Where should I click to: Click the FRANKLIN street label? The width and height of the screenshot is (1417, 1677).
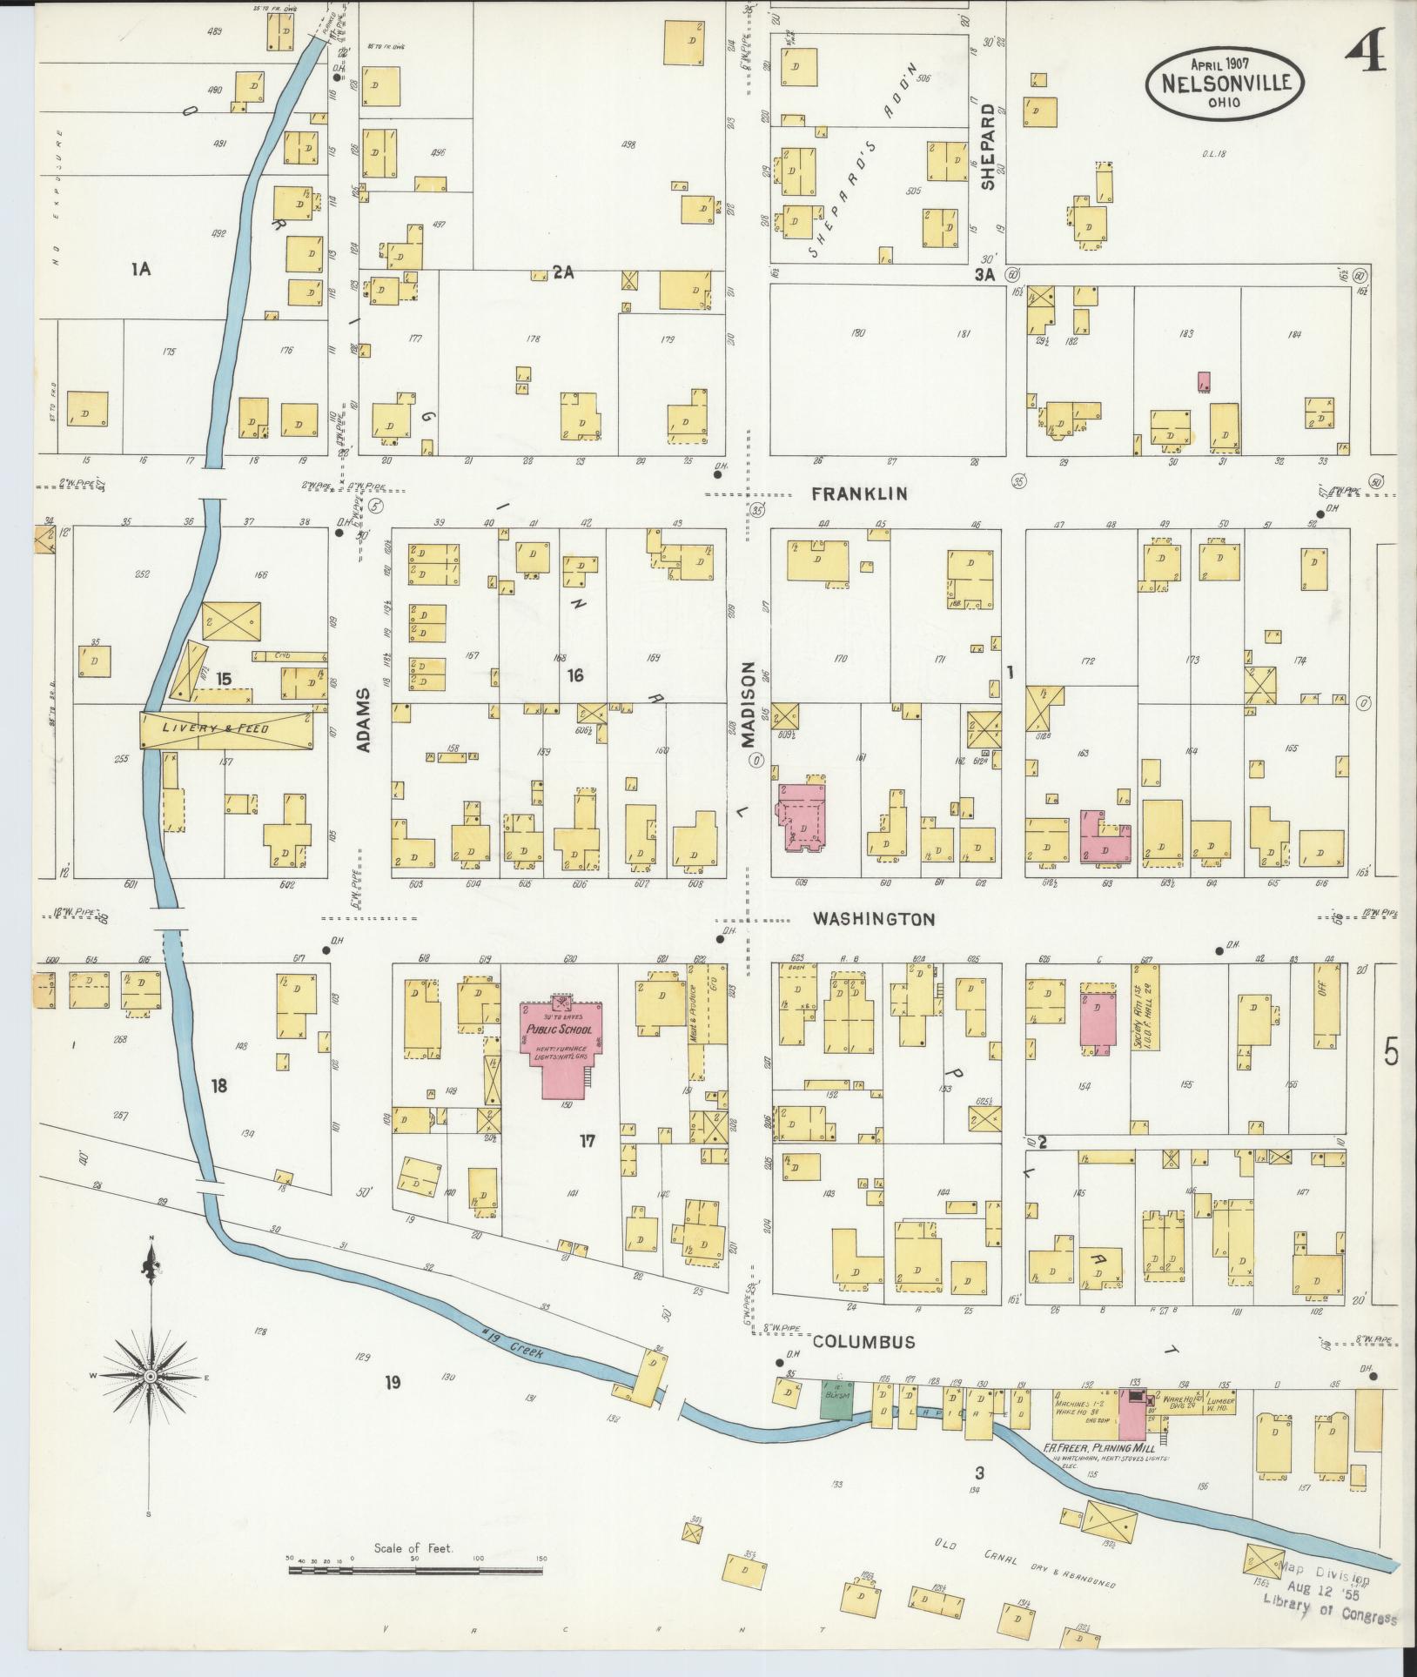tap(859, 494)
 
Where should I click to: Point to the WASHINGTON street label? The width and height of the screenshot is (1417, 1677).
tap(874, 919)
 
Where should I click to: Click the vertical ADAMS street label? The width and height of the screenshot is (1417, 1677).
tap(364, 721)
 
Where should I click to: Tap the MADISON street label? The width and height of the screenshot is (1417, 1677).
tap(748, 705)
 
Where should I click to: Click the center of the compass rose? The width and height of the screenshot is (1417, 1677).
tap(150, 1376)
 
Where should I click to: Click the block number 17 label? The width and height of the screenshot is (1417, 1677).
tap(588, 1141)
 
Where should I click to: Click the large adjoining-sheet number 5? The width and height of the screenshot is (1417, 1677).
tap(1391, 1054)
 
